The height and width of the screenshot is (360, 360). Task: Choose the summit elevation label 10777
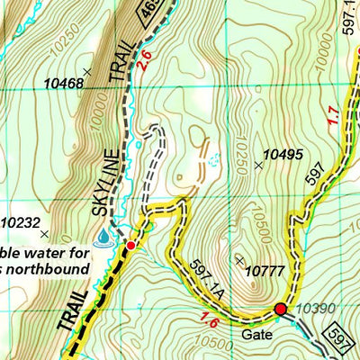269,269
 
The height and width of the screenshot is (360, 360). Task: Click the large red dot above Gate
281,310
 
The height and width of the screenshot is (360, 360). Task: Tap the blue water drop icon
105,236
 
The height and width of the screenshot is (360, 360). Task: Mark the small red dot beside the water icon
130,245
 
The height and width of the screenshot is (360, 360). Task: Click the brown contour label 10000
97,116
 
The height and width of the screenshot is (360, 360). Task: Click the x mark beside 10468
87,71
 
